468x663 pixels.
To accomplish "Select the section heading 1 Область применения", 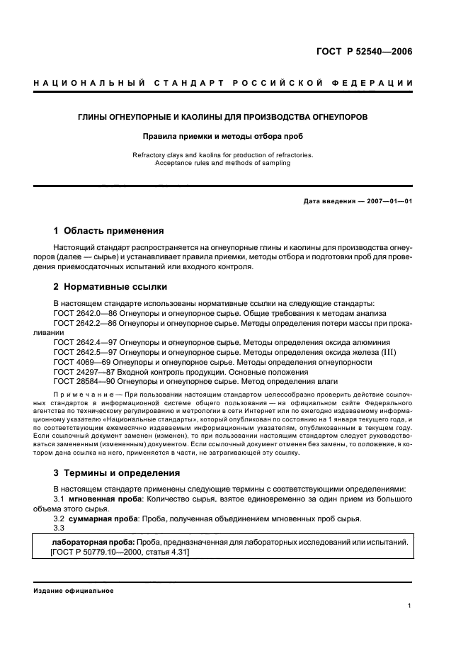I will (x=109, y=230).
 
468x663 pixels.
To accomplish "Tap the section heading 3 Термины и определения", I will (x=117, y=472).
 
